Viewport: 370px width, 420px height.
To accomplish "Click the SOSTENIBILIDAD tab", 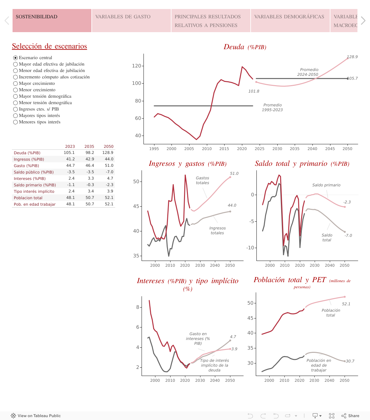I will tap(52, 21).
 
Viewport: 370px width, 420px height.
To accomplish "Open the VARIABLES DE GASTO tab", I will tap(131, 21).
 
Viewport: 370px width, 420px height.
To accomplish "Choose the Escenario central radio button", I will tap(15, 58).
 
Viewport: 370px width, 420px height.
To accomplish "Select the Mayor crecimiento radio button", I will tap(15, 84).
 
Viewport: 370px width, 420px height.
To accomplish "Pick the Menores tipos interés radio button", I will tap(15, 122).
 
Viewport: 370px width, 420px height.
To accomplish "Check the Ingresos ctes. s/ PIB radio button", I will tap(15, 109).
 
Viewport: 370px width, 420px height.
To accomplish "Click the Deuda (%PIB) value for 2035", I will tap(90, 153).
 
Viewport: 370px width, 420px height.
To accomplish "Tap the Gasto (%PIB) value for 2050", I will tap(109, 165).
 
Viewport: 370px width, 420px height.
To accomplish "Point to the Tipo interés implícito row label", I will tap(34, 191).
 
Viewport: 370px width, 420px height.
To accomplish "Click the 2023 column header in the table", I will tap(70, 147).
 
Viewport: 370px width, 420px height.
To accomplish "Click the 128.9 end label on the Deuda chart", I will tap(352, 57).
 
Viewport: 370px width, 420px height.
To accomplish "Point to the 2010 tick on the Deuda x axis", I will tap(207, 149).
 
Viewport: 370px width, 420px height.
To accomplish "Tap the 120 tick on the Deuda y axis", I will tap(136, 66).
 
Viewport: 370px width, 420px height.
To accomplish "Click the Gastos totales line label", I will tap(202, 180).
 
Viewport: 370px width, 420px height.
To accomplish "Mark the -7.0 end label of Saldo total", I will tap(348, 236).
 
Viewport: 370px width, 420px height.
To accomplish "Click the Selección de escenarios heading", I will tap(50, 46).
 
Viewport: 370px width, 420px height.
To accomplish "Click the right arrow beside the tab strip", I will tap(363, 21).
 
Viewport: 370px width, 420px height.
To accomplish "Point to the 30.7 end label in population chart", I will tap(350, 361).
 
